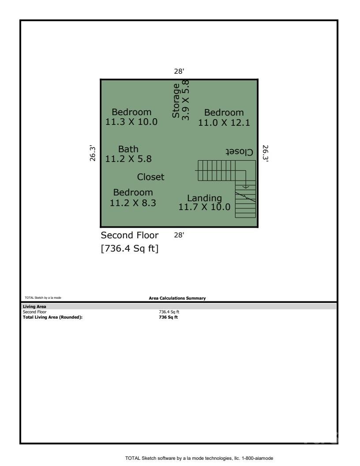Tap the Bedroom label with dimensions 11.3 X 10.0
[131, 117]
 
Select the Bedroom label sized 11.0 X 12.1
[224, 118]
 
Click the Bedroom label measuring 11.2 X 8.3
[133, 198]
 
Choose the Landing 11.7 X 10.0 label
[204, 203]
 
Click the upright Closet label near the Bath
[151, 177]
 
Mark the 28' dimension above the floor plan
[179, 71]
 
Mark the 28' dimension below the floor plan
[179, 235]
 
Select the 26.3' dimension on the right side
[265, 153]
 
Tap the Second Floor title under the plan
[130, 235]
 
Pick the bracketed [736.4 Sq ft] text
[130, 249]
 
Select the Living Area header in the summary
[33, 306]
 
